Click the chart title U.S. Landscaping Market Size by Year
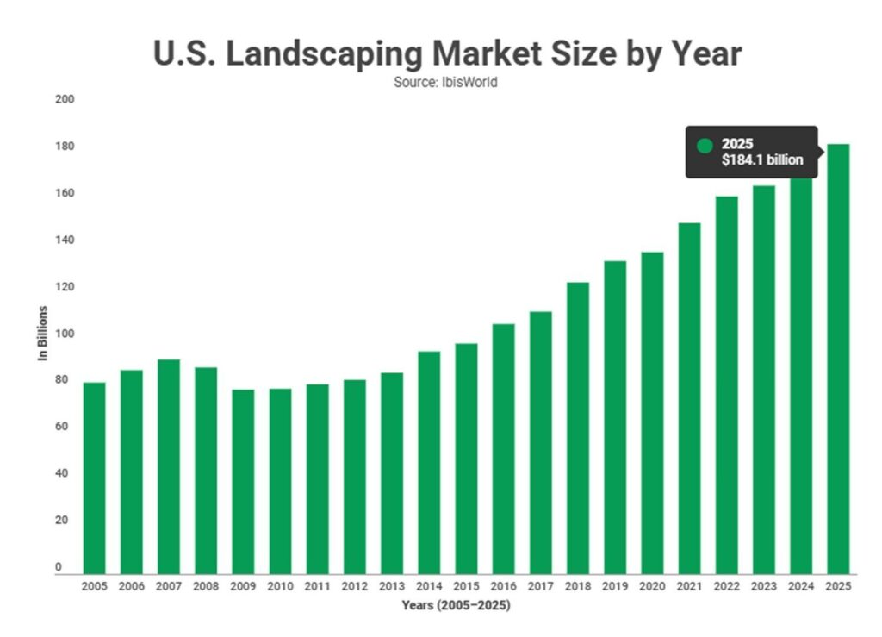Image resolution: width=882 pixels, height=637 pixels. (x=447, y=53)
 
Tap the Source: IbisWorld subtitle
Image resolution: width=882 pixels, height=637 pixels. (x=447, y=83)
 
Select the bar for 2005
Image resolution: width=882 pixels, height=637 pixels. (x=94, y=478)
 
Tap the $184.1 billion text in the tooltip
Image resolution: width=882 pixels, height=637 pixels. (x=762, y=159)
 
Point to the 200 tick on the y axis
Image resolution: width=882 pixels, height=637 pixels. (x=65, y=100)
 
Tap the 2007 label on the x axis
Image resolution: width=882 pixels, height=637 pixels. (x=169, y=587)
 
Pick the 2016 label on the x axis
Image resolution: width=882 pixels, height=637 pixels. (x=503, y=587)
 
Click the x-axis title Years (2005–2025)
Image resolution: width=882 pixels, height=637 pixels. (x=456, y=606)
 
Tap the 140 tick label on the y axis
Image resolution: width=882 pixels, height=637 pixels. (x=65, y=240)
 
